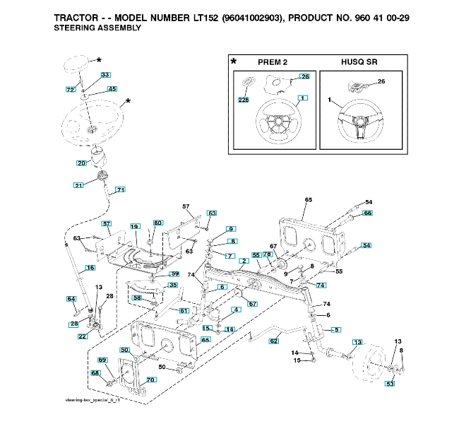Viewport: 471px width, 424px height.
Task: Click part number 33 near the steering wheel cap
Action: pos(105,74)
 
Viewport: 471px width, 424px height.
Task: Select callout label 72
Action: pos(70,90)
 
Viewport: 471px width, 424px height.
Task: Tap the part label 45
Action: pos(112,89)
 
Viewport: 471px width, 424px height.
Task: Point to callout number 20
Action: pos(81,163)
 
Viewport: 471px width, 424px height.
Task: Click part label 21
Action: pos(78,185)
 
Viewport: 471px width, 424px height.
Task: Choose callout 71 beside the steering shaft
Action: pos(121,189)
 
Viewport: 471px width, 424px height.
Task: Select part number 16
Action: pos(90,268)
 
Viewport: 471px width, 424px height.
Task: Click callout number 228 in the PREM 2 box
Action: pos(244,100)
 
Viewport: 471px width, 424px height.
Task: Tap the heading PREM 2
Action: pos(273,62)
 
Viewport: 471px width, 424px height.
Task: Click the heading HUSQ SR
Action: pos(359,62)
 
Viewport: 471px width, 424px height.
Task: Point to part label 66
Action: pos(367,213)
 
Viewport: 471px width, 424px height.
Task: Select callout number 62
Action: pos(275,341)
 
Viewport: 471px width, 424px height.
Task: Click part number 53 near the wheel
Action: pos(390,384)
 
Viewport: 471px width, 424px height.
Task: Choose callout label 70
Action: pos(150,379)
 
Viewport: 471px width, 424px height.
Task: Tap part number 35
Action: pos(172,285)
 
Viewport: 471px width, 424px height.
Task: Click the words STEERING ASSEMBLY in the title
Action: pos(97,28)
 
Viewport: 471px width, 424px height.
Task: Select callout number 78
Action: pos(268,254)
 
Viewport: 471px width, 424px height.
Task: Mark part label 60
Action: pos(158,223)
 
